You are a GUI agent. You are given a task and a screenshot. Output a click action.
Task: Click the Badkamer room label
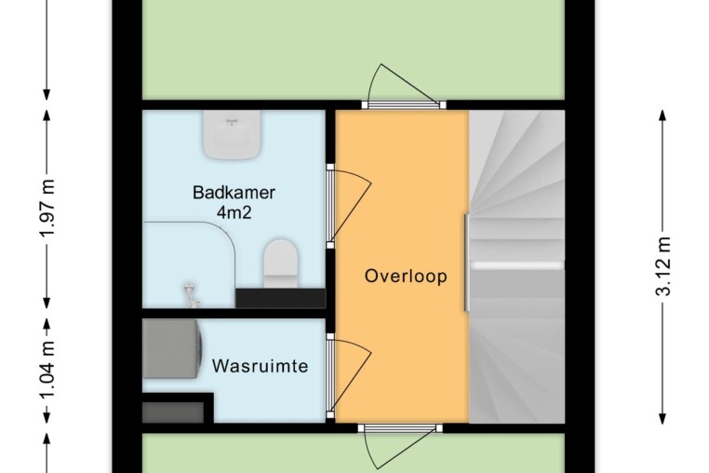pyautogui.click(x=234, y=193)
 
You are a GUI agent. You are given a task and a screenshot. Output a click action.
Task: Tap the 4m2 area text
pyautogui.click(x=234, y=212)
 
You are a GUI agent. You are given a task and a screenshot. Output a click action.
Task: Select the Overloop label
pyautogui.click(x=406, y=276)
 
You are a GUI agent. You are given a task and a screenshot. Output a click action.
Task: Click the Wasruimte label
pyautogui.click(x=260, y=366)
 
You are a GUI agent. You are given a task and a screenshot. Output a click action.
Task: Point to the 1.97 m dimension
pyautogui.click(x=47, y=208)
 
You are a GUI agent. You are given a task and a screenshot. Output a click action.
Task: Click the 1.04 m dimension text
pyautogui.click(x=47, y=370)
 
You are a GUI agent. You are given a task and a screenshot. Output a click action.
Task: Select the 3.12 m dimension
pyautogui.click(x=662, y=266)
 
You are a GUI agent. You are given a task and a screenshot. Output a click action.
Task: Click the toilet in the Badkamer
pyautogui.click(x=281, y=264)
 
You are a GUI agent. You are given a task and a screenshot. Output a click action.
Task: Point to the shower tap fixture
pyautogui.click(x=192, y=295)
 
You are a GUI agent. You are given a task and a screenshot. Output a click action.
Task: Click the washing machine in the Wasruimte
pyautogui.click(x=172, y=348)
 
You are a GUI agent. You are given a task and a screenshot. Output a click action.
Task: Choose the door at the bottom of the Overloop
pyautogui.click(x=400, y=446)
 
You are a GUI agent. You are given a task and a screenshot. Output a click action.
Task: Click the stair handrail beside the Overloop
pyautogui.click(x=467, y=263)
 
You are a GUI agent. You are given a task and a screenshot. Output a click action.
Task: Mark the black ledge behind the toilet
pyautogui.click(x=280, y=298)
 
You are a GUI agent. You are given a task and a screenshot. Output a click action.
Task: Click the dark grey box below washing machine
pyautogui.click(x=173, y=412)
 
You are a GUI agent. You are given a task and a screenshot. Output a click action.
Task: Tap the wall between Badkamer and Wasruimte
pyautogui.click(x=234, y=313)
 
